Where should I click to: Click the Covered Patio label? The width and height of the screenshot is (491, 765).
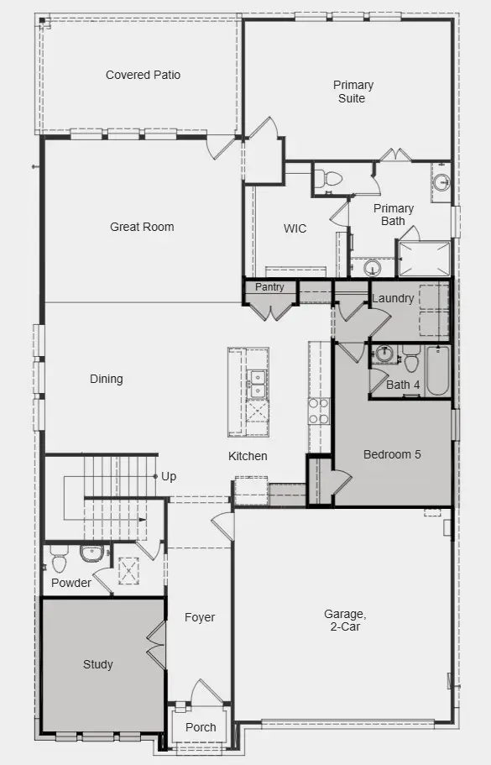143,75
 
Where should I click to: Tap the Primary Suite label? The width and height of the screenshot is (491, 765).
353,92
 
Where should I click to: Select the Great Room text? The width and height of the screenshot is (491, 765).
142,227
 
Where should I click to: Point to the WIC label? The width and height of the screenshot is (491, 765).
295,228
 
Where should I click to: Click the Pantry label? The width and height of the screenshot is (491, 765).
269,287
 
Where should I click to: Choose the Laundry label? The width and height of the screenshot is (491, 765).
392,298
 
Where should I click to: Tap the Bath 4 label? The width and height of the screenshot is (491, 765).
403,385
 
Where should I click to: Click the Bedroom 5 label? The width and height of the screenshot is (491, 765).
392,454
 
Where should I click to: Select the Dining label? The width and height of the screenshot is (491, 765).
107,379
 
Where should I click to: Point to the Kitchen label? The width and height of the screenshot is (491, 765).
248,456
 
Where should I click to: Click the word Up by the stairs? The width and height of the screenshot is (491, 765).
169,477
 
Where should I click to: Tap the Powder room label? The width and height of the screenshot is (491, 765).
71,583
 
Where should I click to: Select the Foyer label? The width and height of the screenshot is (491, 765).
200,617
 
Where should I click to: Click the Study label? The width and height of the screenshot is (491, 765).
97,664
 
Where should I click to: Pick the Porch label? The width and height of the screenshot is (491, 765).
201,727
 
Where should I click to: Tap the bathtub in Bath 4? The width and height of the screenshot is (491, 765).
438,374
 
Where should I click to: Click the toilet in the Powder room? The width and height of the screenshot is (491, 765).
59,558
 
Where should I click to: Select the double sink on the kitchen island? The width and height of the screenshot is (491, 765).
257,384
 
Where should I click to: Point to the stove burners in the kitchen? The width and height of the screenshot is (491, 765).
319,411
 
